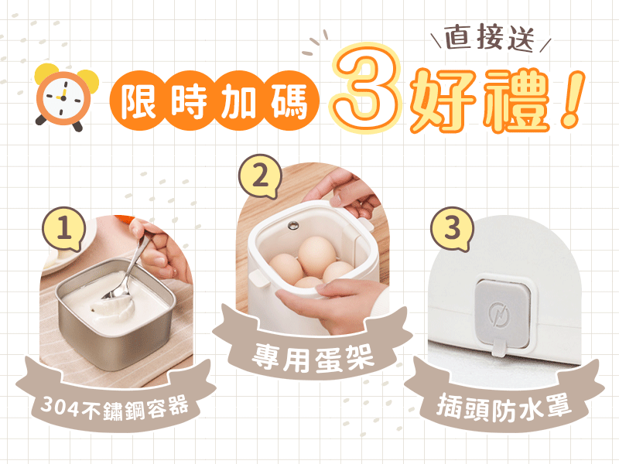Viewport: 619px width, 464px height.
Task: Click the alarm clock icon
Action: pos(63,97)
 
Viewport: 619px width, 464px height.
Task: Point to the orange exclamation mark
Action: pos(572,100)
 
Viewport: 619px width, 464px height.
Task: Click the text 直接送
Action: pos(490,38)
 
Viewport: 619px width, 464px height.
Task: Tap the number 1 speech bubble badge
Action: pos(64,228)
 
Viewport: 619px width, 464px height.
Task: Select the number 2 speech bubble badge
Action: pos(260,176)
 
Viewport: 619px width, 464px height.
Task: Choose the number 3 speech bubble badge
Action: pos(452,228)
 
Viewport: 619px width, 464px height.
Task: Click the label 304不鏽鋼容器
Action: pos(115,408)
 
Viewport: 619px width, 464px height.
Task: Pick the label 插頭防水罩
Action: pos(504,408)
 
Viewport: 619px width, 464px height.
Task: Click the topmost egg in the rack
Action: pos(317,256)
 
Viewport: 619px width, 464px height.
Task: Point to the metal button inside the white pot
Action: pos(293,225)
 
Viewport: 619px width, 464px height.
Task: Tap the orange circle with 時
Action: pos(188,101)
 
